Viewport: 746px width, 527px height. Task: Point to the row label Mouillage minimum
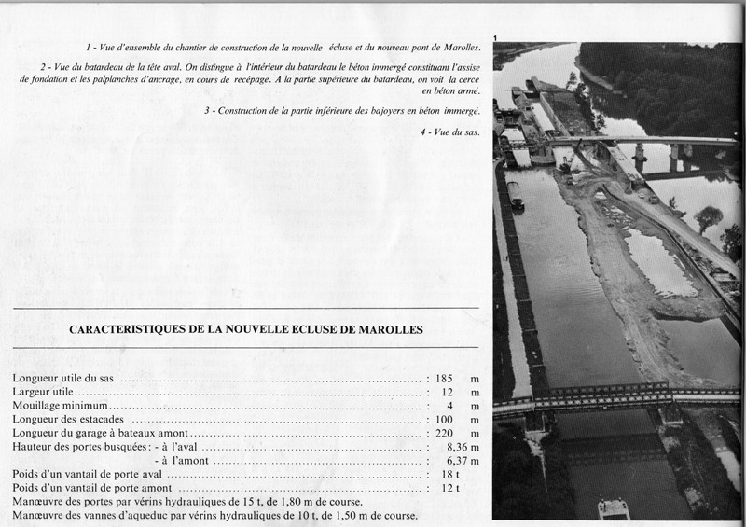point(61,408)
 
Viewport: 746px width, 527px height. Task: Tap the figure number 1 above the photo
point(496,37)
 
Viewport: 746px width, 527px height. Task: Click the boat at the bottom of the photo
point(612,508)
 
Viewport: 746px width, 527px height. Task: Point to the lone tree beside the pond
point(708,218)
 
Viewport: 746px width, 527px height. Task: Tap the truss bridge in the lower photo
point(597,395)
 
